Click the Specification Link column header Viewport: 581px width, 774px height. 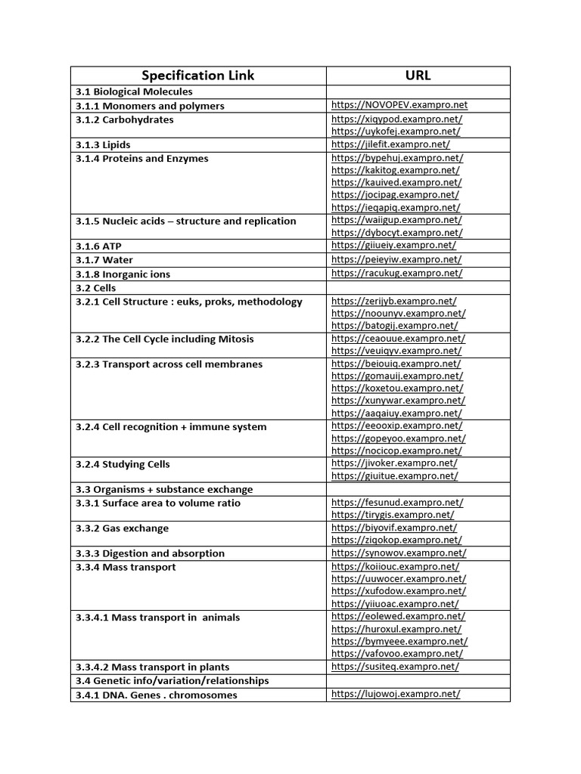click(x=198, y=75)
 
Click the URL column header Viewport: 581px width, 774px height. click(x=418, y=75)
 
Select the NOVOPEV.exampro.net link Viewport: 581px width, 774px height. click(x=399, y=105)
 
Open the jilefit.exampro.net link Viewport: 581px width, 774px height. click(x=390, y=144)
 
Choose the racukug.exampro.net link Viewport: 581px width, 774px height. click(x=396, y=274)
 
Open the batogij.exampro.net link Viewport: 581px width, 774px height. click(x=394, y=326)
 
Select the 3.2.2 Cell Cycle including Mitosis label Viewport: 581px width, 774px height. click(x=164, y=339)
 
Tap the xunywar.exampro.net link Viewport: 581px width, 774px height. click(x=398, y=401)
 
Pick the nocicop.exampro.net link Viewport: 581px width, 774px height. click(x=396, y=451)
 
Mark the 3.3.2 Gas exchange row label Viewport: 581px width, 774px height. click(x=122, y=528)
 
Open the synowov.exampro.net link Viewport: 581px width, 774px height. click(x=399, y=553)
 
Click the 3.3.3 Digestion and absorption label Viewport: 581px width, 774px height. click(x=150, y=553)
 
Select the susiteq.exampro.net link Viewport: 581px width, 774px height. click(x=395, y=667)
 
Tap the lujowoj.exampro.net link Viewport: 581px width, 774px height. click(x=396, y=694)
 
